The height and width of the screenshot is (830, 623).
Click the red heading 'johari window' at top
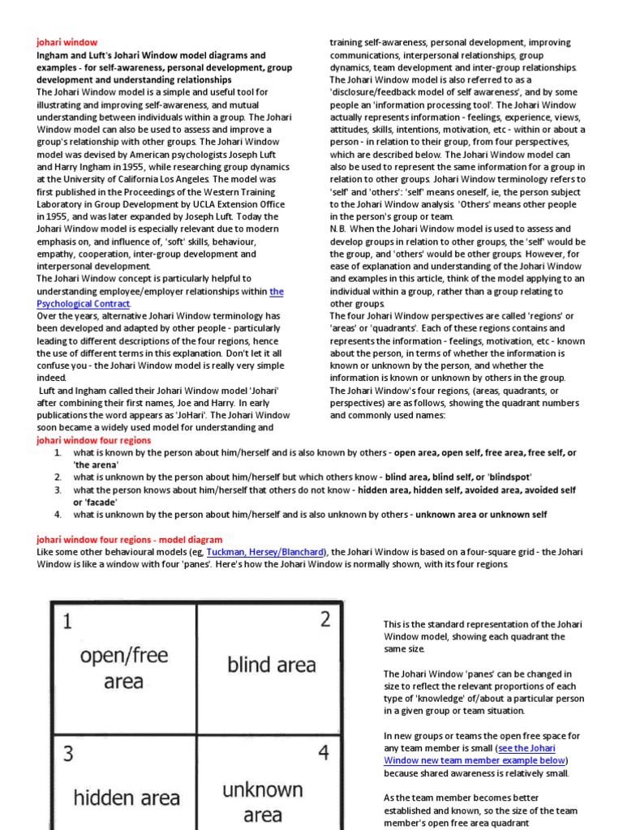67,42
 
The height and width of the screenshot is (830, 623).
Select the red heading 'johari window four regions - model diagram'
130,539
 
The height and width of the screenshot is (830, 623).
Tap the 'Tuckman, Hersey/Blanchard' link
267,552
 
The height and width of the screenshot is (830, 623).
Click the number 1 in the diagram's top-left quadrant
67,622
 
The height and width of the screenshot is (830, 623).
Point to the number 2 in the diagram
324,619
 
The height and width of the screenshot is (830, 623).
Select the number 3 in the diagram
68,754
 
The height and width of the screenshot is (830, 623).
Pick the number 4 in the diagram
323,753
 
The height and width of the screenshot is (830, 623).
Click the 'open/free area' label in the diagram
123,669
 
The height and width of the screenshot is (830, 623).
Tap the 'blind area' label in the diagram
271,665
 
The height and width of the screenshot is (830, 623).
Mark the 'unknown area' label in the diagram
262,802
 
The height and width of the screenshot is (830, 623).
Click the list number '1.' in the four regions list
58,452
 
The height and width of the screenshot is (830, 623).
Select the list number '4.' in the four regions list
58,515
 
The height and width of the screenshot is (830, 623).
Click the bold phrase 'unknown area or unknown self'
482,515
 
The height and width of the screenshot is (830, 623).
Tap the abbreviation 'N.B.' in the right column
339,229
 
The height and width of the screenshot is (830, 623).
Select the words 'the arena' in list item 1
95,464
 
